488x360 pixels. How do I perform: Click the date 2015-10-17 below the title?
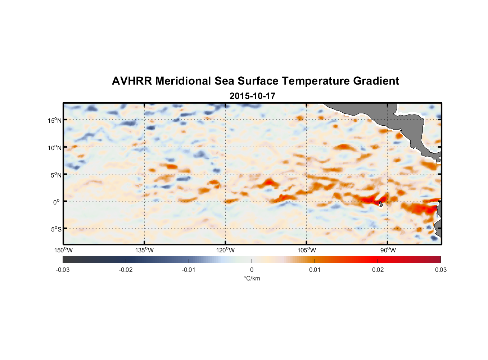pyautogui.click(x=252, y=96)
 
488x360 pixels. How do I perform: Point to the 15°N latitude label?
pyautogui.click(x=54, y=120)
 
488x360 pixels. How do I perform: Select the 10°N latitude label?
pyautogui.click(x=54, y=148)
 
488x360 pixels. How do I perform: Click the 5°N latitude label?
pyautogui.click(x=55, y=175)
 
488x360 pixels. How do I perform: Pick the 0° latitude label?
pyautogui.click(x=57, y=202)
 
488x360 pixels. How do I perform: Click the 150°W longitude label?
pyautogui.click(x=63, y=250)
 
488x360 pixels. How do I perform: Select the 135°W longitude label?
pyautogui.click(x=144, y=250)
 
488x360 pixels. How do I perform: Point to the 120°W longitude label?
pyautogui.click(x=225, y=250)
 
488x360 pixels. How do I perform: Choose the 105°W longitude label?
pyautogui.click(x=307, y=250)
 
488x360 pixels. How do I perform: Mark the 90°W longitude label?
pyautogui.click(x=388, y=250)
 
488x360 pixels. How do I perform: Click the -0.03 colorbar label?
pyautogui.click(x=63, y=270)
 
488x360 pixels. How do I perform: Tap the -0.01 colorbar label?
pyautogui.click(x=189, y=270)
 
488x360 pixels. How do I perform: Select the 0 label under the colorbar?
pyautogui.click(x=252, y=270)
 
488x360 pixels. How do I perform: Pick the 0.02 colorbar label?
pyautogui.click(x=378, y=270)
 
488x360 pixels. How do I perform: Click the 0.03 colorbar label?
pyautogui.click(x=440, y=270)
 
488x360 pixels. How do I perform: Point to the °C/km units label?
pyautogui.click(x=252, y=278)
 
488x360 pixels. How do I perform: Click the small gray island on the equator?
pyautogui.click(x=380, y=204)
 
